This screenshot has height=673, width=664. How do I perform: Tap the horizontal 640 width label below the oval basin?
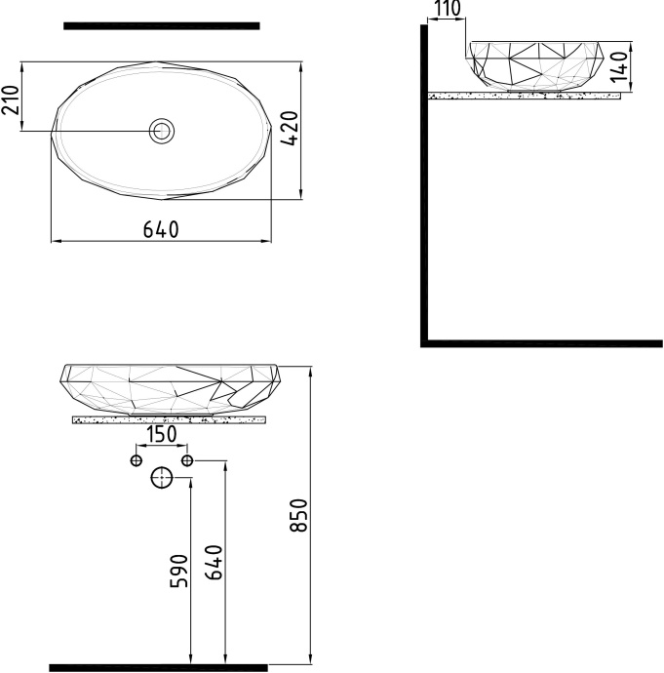click(161, 229)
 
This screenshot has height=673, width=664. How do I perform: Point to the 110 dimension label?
click(448, 10)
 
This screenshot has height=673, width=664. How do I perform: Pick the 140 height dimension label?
click(643, 67)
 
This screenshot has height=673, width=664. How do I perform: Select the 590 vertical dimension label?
click(177, 571)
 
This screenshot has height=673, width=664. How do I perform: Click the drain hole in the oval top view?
click(161, 130)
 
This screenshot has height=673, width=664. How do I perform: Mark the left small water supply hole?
click(137, 459)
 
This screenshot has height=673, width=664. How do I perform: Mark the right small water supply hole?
click(187, 459)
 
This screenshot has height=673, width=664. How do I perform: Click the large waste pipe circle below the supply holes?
click(161, 478)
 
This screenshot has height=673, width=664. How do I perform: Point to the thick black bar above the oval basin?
click(161, 25)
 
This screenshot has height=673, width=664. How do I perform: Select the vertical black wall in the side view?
click(424, 185)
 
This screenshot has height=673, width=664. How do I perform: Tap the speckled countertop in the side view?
click(525, 96)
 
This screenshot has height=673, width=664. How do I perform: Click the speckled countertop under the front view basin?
click(169, 420)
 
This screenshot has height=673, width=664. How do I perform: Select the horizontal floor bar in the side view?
click(542, 343)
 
